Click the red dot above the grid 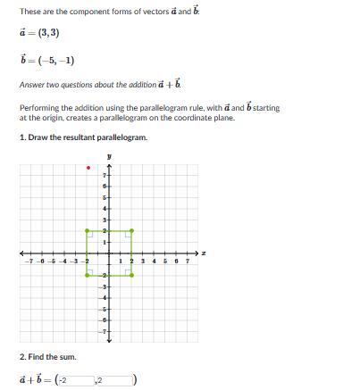click(87, 167)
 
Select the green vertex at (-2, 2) click(87, 230)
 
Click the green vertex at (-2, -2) click(87, 275)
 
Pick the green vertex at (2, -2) click(132, 275)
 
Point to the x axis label click(205, 253)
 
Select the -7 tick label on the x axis click(30, 261)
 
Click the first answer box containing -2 click(75, 381)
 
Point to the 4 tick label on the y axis click(105, 207)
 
